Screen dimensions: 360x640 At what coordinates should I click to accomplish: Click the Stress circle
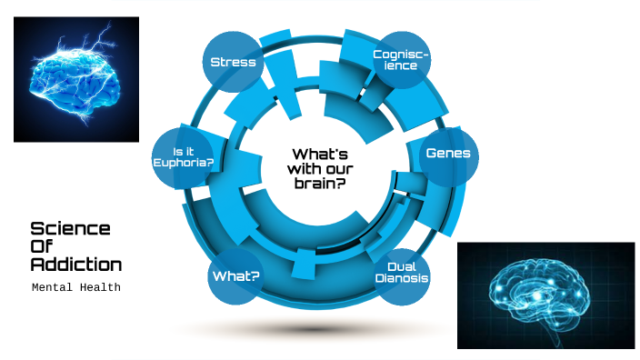[233, 62]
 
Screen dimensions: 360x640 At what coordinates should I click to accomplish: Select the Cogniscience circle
[401, 59]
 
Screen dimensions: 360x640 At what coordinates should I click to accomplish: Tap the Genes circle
[448, 154]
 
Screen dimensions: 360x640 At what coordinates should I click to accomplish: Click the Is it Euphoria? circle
[185, 155]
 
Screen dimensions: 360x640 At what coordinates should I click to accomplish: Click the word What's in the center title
[320, 154]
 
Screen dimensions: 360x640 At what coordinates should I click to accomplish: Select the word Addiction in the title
[75, 265]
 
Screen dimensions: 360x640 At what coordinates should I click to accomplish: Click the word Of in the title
[44, 246]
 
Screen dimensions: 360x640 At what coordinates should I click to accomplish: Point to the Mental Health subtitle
[75, 287]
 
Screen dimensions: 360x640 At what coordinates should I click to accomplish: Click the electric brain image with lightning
[76, 79]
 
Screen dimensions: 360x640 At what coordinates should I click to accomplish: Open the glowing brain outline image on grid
[545, 295]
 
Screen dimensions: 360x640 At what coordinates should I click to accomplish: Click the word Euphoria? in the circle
[184, 162]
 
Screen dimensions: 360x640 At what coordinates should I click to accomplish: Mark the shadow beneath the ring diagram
[318, 329]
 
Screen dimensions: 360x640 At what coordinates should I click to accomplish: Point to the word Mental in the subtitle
[53, 287]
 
